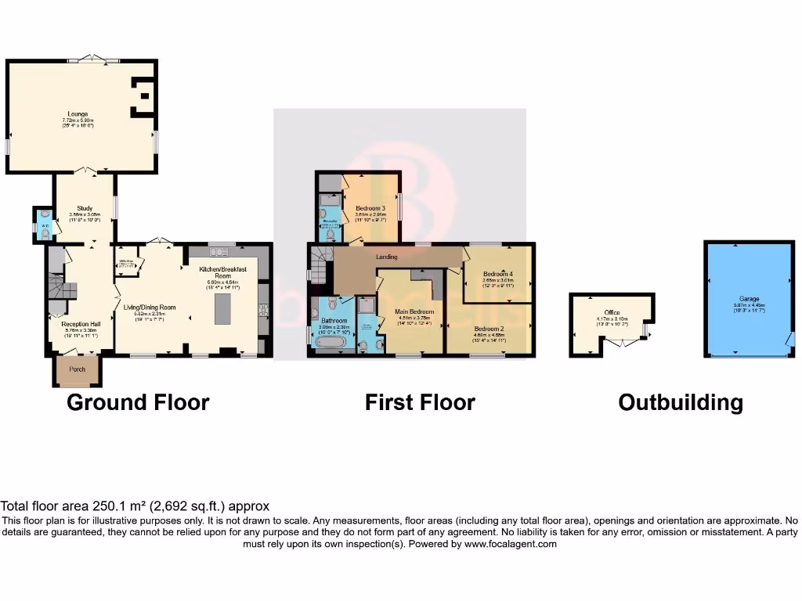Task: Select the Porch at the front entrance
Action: click(x=77, y=369)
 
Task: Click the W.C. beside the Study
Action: click(x=45, y=223)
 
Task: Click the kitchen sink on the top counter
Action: click(x=219, y=251)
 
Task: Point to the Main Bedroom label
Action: click(x=416, y=312)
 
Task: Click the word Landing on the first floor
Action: click(x=386, y=257)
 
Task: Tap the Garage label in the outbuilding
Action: click(x=749, y=298)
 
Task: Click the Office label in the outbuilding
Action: click(x=612, y=313)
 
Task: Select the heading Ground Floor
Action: click(x=138, y=402)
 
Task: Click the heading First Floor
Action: click(x=420, y=402)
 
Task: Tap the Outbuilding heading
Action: click(x=680, y=402)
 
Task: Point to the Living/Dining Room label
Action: click(x=150, y=308)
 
